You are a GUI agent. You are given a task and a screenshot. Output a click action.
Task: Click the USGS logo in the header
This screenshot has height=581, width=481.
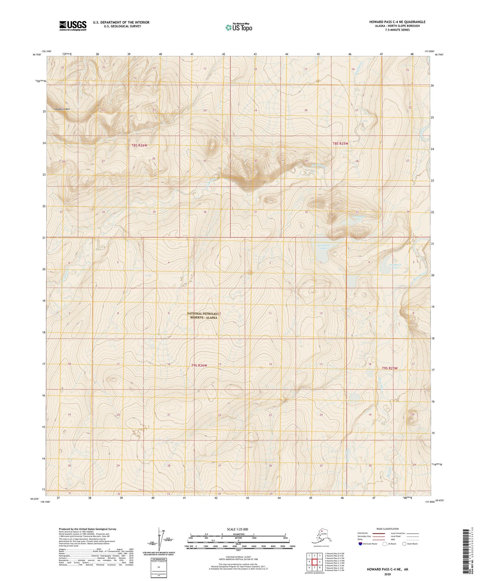[x=73, y=26]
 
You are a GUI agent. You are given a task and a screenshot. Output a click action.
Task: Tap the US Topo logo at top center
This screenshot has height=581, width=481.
[x=238, y=27]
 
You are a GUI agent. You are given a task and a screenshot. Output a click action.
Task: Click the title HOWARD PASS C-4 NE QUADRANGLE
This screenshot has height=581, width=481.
[x=397, y=22]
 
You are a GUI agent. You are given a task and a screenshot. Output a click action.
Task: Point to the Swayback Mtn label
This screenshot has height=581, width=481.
[x=62, y=109]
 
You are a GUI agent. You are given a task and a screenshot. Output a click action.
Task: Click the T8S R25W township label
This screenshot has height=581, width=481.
[x=341, y=143]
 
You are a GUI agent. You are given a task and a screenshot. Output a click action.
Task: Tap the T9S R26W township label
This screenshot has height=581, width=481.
[x=199, y=365]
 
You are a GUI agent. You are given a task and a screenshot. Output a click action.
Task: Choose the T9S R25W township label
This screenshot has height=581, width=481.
[x=389, y=368]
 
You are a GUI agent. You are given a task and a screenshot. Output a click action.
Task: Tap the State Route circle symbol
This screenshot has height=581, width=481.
[x=404, y=544]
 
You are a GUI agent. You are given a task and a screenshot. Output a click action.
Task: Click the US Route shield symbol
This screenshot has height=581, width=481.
[x=385, y=544]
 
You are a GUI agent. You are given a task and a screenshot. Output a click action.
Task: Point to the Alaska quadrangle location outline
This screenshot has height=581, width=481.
[x=321, y=536]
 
